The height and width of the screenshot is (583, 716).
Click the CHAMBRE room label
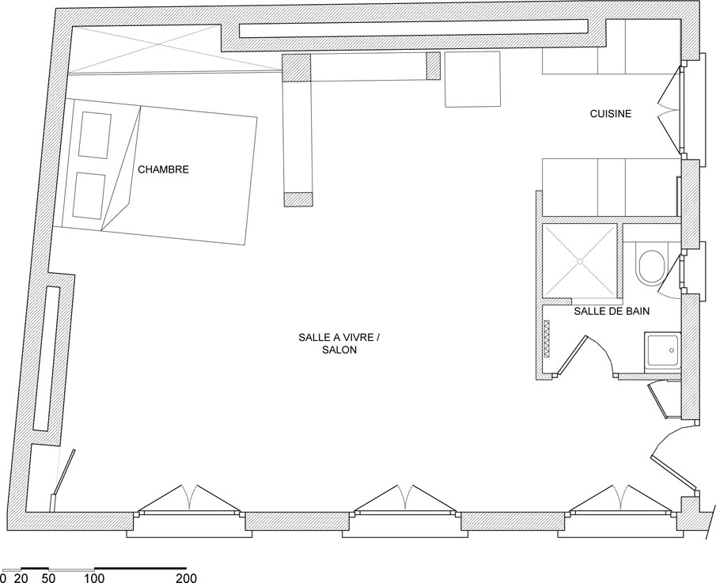pos(163,169)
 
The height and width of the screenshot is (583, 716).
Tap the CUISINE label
pos(611,114)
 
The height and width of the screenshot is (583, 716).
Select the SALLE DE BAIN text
pos(612,312)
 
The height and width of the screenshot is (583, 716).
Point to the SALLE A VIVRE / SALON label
pos(339,344)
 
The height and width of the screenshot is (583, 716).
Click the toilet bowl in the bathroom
pos(651,265)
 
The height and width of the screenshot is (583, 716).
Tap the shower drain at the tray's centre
pos(579,261)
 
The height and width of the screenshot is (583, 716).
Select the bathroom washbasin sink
pos(662,351)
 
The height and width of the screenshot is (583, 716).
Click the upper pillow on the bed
pos(94,135)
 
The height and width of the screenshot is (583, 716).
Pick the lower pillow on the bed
pos(89,196)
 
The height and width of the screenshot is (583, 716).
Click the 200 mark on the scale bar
pos(186,578)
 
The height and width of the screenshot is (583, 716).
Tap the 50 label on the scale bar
pos(48,578)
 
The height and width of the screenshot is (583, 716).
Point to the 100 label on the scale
pos(94,578)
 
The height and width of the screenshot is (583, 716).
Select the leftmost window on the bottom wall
pos(189,513)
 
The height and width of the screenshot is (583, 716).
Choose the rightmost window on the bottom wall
pos(619,513)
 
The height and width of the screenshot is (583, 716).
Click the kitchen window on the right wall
pos(684,110)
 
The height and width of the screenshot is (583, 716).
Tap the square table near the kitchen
pos(472,79)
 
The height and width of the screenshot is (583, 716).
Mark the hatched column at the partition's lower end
pos(298,199)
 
